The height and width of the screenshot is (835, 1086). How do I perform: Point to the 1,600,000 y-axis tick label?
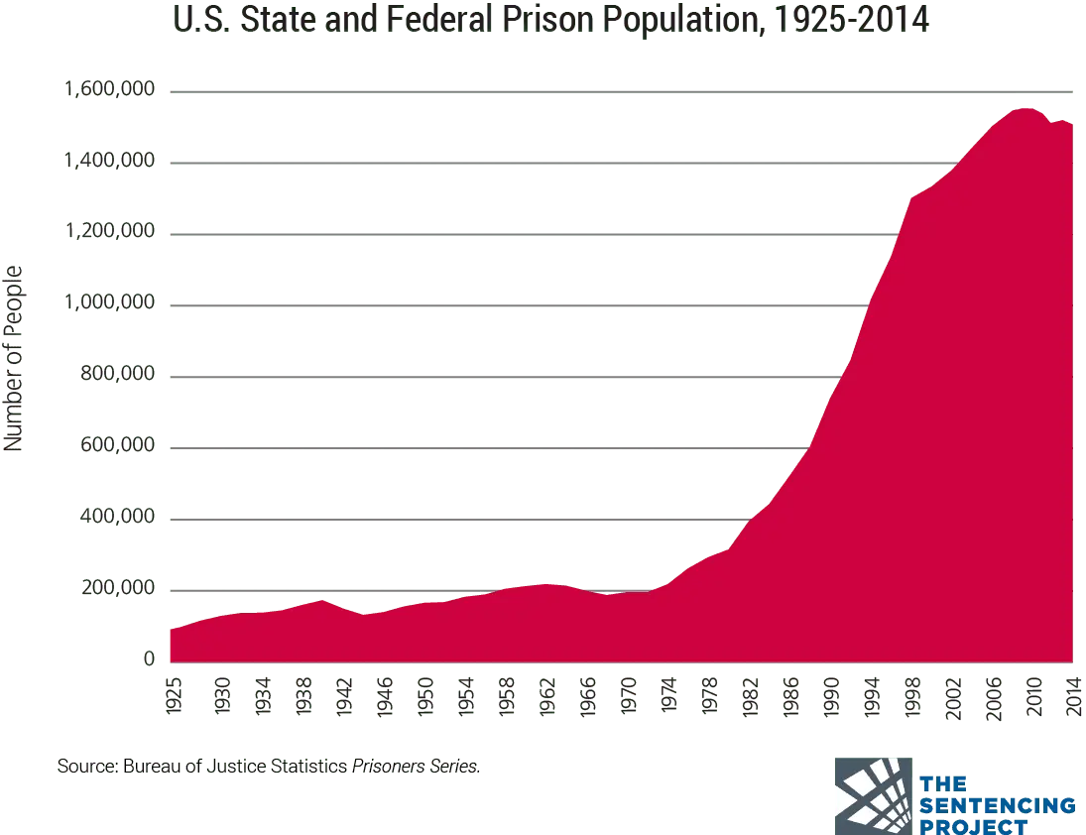tap(111, 91)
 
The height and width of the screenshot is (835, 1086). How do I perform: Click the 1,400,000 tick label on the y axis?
tap(111, 163)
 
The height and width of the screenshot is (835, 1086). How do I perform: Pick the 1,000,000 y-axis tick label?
tap(111, 305)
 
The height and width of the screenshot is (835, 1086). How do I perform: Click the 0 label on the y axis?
tap(151, 658)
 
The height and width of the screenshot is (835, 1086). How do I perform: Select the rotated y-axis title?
tap(14, 357)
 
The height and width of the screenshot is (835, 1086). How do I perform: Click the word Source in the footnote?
tap(85, 767)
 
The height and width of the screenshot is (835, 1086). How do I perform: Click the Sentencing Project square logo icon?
tap(873, 794)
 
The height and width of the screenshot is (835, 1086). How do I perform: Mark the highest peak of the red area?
tap(1022, 107)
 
